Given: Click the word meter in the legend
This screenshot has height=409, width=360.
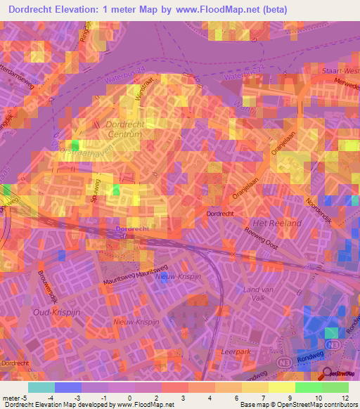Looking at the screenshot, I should point(11,398).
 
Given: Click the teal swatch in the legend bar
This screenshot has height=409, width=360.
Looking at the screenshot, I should point(41,387).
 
